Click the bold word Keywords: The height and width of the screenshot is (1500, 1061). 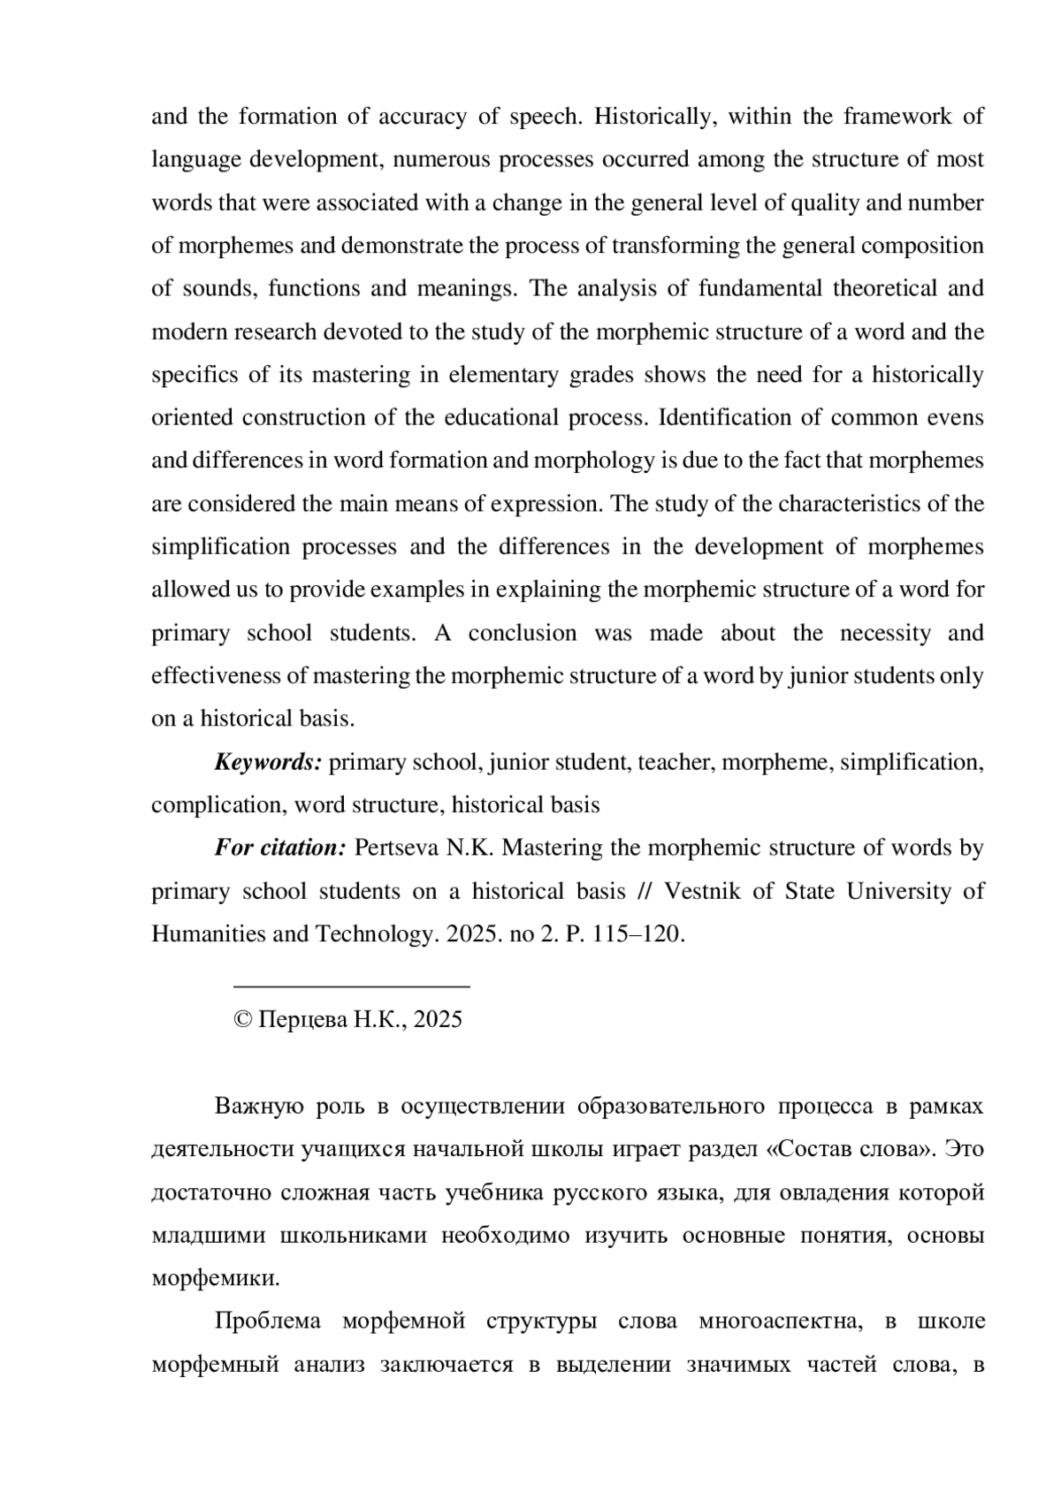[x=268, y=762]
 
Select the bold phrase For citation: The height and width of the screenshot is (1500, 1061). [x=279, y=848]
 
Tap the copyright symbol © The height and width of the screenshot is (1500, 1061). [x=242, y=1020]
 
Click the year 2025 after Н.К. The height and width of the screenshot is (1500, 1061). [x=438, y=1020]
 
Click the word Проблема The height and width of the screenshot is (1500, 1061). [x=268, y=1321]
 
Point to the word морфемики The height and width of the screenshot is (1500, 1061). [x=216, y=1278]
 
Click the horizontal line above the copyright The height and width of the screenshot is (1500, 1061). [x=351, y=985]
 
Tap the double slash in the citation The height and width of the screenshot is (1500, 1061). [x=644, y=891]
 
